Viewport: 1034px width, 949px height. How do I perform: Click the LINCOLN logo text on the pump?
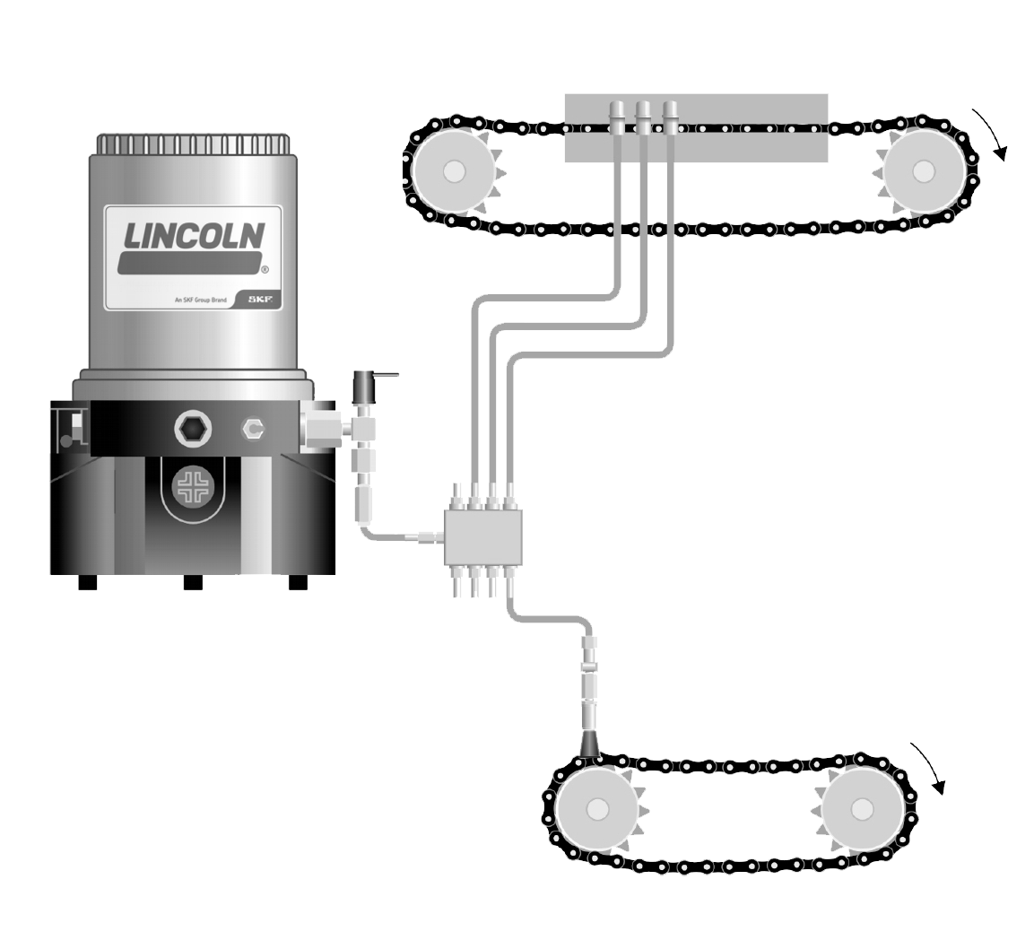coord(194,235)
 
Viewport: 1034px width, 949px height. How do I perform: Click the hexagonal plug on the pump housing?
coord(193,430)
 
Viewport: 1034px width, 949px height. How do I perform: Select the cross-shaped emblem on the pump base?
coord(193,487)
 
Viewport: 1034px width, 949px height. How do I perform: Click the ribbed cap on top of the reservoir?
coord(193,144)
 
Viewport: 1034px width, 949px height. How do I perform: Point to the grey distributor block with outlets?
coord(483,536)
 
